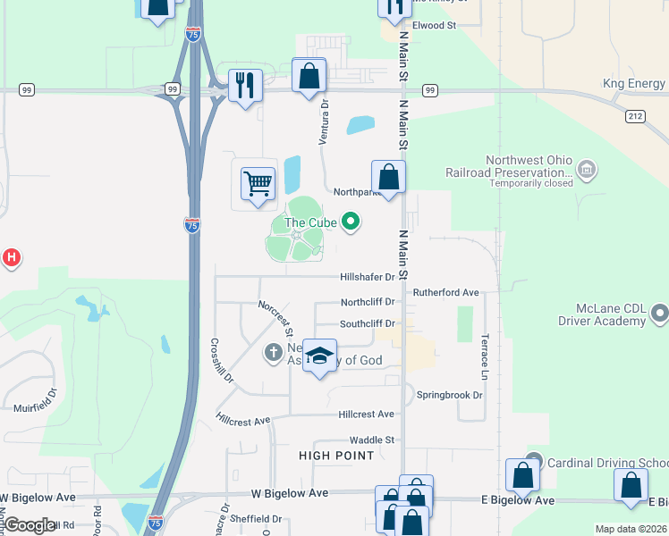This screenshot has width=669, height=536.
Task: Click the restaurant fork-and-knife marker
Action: pos(244,86)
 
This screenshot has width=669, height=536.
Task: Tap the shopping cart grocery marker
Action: pos(258,184)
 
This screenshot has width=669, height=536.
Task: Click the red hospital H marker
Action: pos(11,258)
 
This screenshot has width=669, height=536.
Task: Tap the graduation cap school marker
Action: pos(319,356)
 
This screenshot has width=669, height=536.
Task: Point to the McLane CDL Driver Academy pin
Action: pos(660,313)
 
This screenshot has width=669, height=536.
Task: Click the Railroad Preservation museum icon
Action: pos(587,168)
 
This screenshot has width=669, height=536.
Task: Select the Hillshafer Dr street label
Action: pos(368,277)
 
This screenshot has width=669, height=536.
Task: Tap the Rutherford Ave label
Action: pos(445,292)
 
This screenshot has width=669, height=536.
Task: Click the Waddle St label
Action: pos(372,440)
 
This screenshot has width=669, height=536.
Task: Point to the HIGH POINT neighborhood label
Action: pos(336,456)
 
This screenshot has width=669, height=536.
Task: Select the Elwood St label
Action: pos(434,26)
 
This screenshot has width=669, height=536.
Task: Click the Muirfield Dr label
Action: pos(35,406)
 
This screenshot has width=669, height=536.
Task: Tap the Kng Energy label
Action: pos(633,84)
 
